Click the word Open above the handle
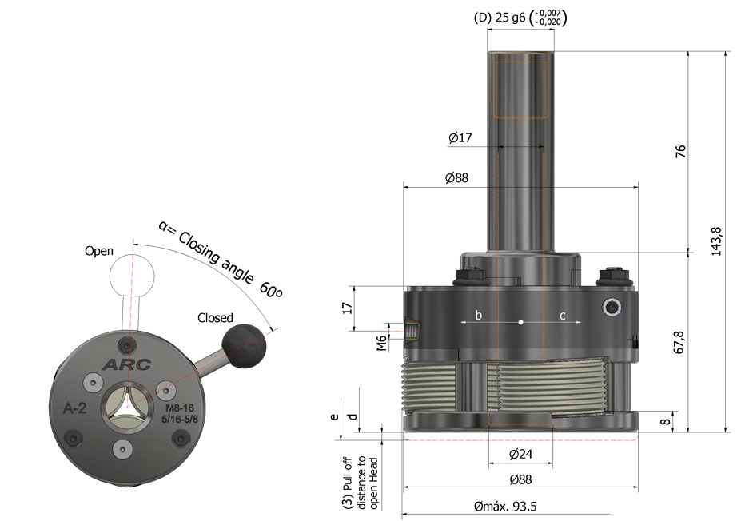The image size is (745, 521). [99, 251]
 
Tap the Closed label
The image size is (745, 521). [215, 318]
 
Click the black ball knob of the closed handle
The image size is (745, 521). [243, 342]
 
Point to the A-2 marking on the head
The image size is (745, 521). [74, 408]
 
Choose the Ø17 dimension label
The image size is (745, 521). [460, 138]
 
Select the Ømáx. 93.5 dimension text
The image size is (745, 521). [504, 507]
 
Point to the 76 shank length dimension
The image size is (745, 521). [681, 151]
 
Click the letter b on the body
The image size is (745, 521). [479, 316]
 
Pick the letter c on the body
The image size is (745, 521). [562, 316]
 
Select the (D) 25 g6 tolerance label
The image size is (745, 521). [520, 18]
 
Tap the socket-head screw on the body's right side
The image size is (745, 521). [613, 308]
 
